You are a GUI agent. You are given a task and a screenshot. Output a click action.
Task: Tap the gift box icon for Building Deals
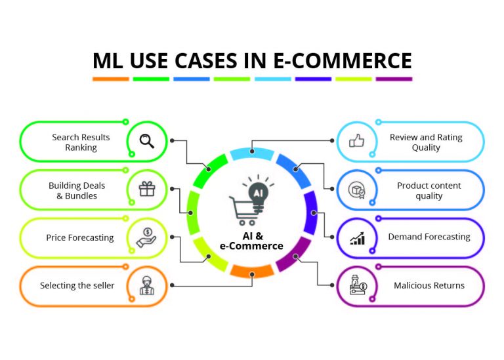(x=146, y=190)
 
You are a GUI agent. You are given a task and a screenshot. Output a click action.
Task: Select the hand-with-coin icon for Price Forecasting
(x=146, y=237)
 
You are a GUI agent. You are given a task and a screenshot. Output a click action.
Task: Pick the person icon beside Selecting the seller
(x=146, y=286)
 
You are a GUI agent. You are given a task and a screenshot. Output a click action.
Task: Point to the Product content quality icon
(x=356, y=190)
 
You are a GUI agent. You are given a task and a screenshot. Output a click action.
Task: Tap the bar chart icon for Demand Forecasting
(x=357, y=237)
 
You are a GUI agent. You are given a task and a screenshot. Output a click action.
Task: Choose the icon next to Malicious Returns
(x=357, y=286)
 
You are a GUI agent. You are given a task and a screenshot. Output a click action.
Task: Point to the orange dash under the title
(x=110, y=79)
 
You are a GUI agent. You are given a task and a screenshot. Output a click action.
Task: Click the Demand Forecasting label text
(x=429, y=237)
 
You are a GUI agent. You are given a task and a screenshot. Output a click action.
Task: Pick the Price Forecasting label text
(x=80, y=237)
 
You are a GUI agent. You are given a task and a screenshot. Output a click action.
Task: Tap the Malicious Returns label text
(x=429, y=285)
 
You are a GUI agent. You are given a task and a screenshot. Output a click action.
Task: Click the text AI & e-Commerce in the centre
(x=251, y=241)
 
